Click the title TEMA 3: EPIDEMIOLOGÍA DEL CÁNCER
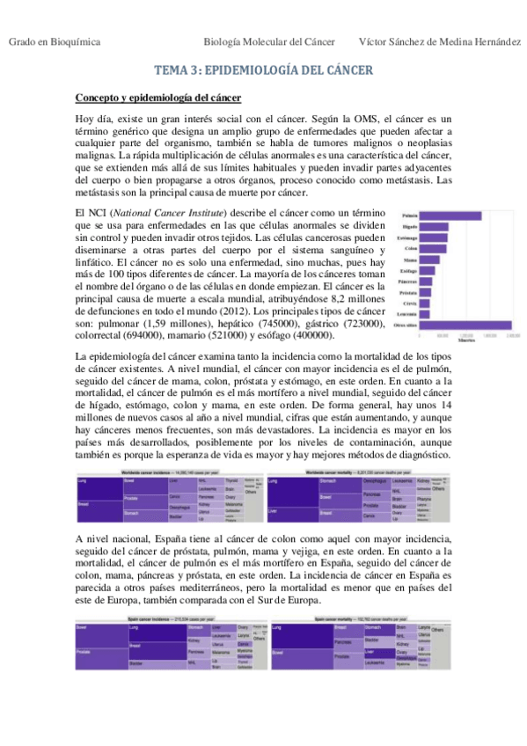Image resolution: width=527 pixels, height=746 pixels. pos(263,70)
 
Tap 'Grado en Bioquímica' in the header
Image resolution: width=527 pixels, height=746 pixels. pos(54,41)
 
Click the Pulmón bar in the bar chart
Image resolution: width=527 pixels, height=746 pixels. pos(451,216)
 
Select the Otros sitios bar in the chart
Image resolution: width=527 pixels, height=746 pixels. pos(466,325)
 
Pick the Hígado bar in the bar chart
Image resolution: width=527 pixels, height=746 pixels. pos(436,227)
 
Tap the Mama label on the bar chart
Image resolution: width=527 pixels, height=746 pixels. pos(410,260)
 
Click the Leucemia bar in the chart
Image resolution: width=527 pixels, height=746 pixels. pos(424,314)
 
